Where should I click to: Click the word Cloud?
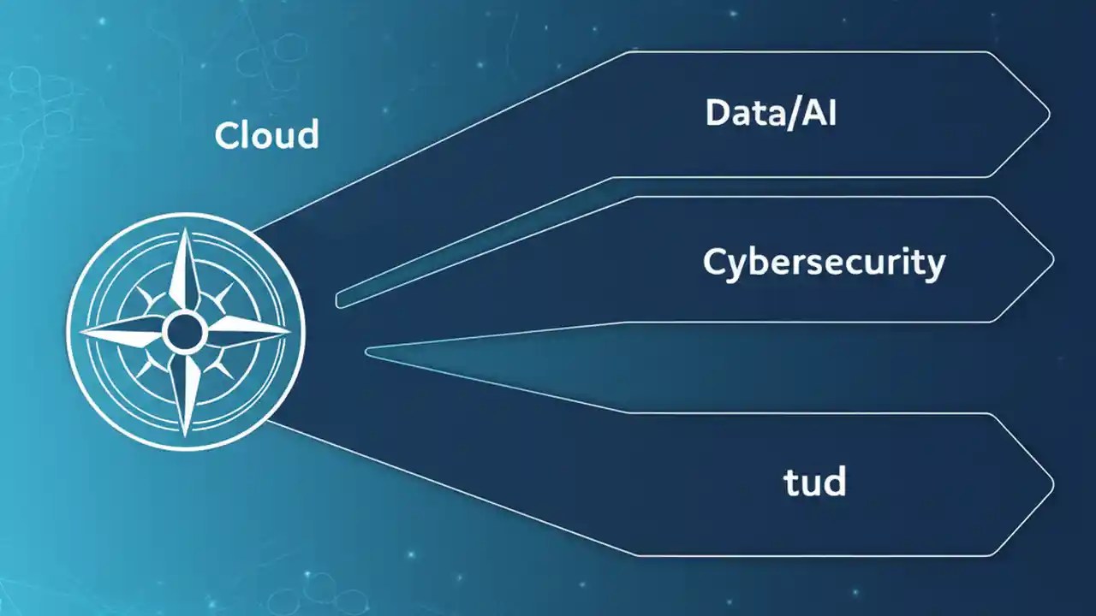[x=266, y=135]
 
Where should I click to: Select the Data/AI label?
[x=770, y=113]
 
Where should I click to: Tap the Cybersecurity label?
[x=823, y=262]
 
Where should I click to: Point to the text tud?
[x=815, y=483]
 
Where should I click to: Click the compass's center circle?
[x=184, y=332]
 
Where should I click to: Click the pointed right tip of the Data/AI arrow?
[x=1048, y=114]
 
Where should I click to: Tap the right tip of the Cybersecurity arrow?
[x=1052, y=258]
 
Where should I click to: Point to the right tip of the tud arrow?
[x=1051, y=483]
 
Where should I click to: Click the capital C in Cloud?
[x=227, y=135]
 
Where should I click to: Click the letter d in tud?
[x=834, y=482]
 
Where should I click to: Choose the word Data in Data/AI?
[x=744, y=113]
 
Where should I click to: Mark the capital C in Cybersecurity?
[x=716, y=262]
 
